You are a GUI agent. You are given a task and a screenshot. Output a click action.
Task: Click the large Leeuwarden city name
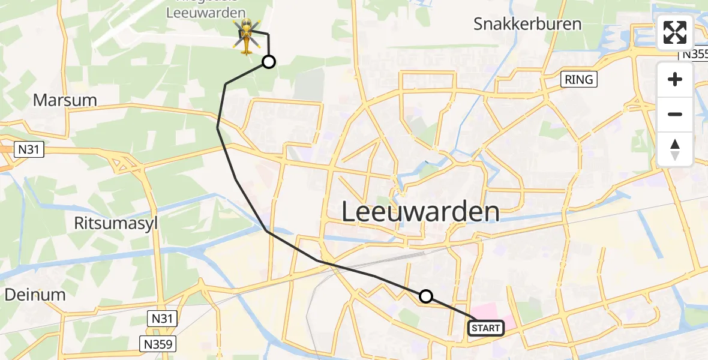[x=421, y=212]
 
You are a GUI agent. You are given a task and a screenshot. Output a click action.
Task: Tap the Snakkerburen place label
[x=527, y=25]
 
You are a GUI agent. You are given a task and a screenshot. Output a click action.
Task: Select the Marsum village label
[x=65, y=100]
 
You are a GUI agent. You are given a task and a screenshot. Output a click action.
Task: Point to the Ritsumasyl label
[x=115, y=224]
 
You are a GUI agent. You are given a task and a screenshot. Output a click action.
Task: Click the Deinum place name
[x=35, y=294]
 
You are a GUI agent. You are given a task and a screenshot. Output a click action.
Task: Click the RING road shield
[x=579, y=79]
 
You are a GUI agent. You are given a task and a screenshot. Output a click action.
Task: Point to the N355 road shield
[x=694, y=54]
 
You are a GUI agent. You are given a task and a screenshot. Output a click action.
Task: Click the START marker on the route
[x=485, y=328]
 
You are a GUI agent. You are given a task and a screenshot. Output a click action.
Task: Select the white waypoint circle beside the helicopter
[x=269, y=62]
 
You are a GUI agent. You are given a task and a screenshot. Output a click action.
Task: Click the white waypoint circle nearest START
[x=425, y=296]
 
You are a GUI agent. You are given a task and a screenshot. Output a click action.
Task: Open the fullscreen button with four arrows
[x=675, y=32]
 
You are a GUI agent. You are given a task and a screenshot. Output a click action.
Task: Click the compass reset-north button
[x=675, y=149]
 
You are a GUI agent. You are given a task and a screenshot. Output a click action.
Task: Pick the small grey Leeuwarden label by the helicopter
[x=206, y=13]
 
